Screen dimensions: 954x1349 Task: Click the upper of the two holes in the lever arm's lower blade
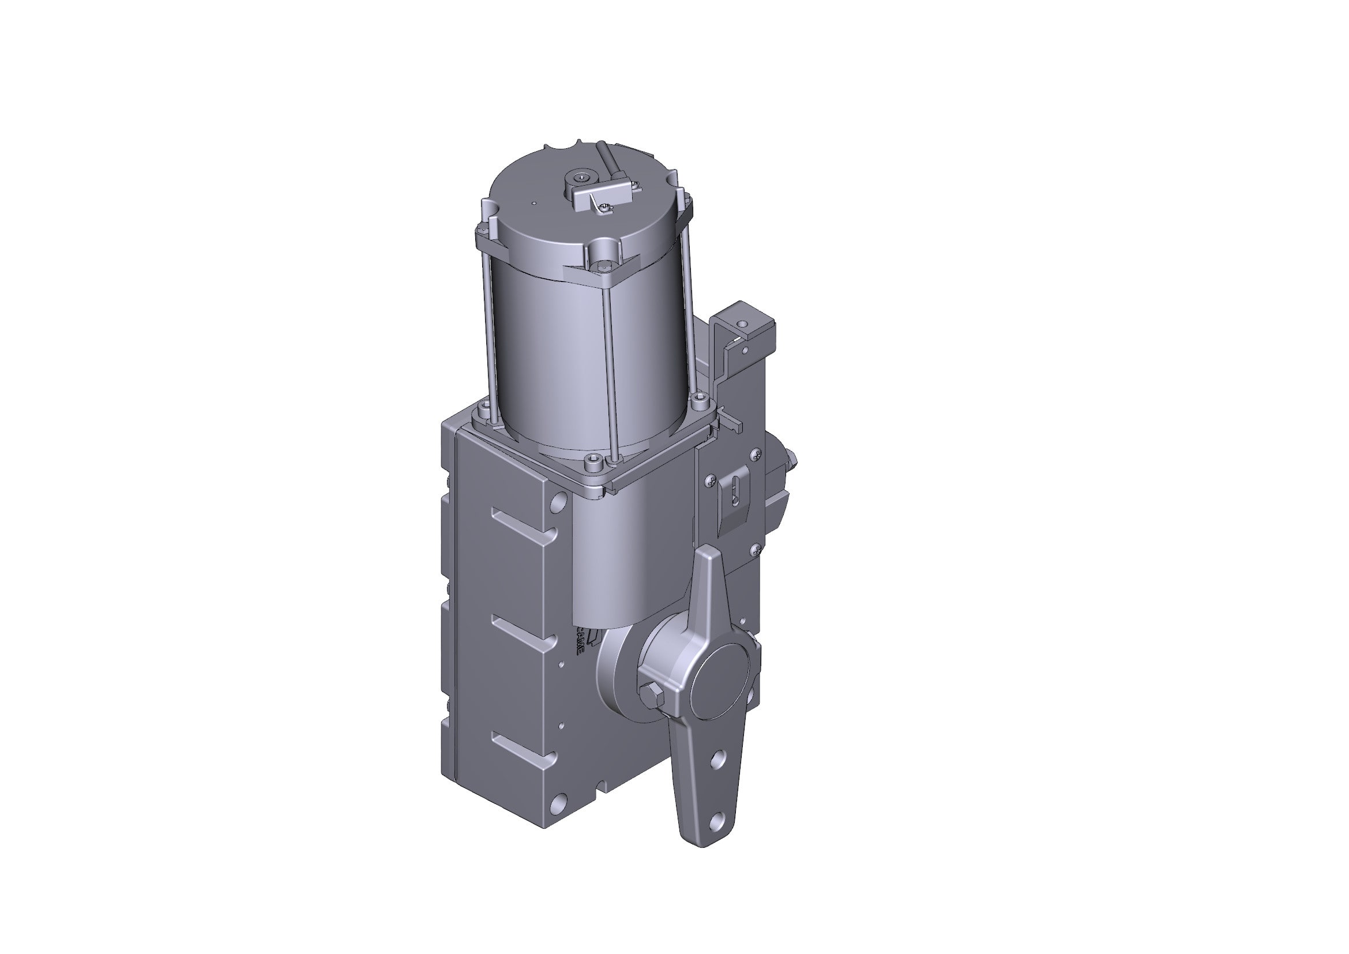click(717, 760)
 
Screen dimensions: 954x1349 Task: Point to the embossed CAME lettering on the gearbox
click(578, 640)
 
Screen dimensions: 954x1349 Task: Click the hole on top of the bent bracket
click(743, 323)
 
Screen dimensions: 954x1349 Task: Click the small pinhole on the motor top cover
click(533, 204)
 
